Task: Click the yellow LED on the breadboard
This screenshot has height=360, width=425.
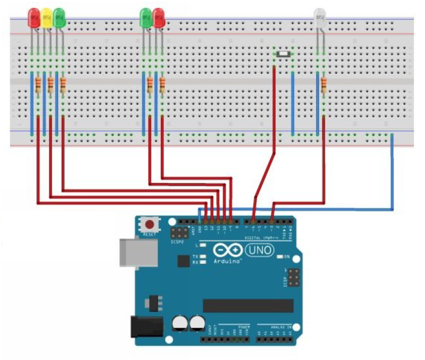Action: coord(46,18)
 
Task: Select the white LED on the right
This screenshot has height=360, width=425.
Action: coord(319,17)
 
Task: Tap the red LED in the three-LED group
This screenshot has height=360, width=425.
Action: coord(34,18)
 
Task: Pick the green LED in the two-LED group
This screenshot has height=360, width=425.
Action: coord(146,18)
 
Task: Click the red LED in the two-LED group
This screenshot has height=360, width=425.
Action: coord(158,18)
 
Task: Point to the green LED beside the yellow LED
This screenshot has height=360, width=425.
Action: coord(59,18)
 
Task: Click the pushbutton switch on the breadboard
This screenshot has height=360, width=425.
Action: coord(283,53)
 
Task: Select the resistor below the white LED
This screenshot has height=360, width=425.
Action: coord(323,84)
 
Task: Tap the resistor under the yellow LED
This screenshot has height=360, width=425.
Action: coord(51,84)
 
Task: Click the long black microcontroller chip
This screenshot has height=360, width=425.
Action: coord(248,305)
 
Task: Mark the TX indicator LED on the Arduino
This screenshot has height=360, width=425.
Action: coord(202,256)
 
